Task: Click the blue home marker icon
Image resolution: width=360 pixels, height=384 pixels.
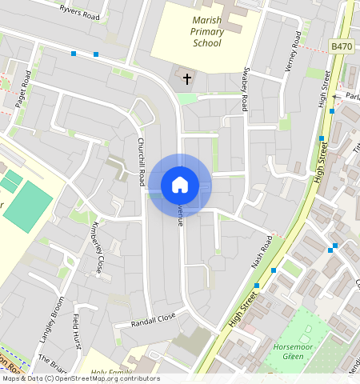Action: [x=180, y=185]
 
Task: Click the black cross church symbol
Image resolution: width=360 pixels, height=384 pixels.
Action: [x=187, y=78]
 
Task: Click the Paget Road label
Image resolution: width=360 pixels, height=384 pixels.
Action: [x=23, y=89]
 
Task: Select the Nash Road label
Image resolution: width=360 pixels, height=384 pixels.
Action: [x=262, y=252]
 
